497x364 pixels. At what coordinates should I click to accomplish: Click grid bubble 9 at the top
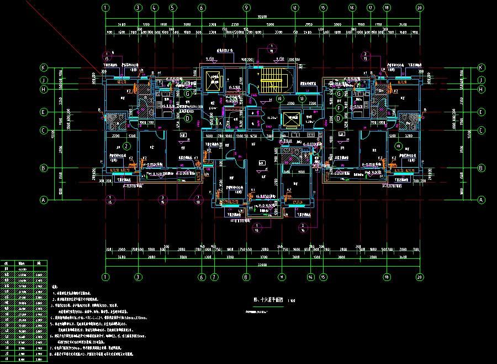coord(246,8)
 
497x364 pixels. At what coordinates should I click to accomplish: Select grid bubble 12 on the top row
coord(295,8)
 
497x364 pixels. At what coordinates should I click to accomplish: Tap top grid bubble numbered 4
coord(155,8)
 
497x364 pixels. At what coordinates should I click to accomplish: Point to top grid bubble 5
coord(173,8)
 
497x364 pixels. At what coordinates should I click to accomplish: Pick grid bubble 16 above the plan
coord(351,8)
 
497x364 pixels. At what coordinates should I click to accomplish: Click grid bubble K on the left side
coord(43,67)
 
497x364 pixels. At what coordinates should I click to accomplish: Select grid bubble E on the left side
coord(43,112)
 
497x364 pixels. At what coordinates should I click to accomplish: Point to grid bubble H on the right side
coord(480,89)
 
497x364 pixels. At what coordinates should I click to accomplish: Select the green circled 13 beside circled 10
coord(302,98)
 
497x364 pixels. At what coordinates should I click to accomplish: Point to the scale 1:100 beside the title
coord(292,300)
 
